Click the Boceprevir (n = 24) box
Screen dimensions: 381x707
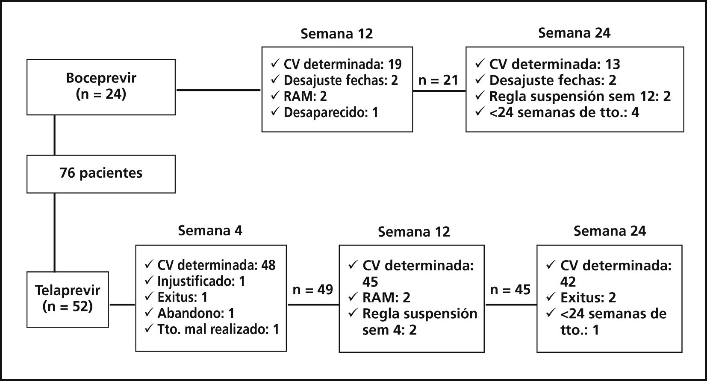(x=101, y=87)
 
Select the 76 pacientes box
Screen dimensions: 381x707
(x=101, y=173)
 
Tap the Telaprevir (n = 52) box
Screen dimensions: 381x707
(x=68, y=299)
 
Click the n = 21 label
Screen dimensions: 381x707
(x=438, y=80)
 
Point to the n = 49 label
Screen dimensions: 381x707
(x=312, y=290)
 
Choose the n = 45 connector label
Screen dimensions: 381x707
(x=510, y=290)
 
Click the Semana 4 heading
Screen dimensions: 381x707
(x=210, y=231)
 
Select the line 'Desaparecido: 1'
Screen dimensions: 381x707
(x=331, y=113)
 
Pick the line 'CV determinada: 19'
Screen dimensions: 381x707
(x=342, y=64)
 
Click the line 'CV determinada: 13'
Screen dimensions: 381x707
(x=554, y=64)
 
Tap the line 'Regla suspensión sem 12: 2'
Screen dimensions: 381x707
(x=580, y=97)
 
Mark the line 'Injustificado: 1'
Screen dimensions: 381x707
(x=201, y=281)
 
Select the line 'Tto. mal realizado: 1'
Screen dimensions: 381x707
(x=218, y=329)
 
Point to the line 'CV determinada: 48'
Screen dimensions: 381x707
(x=216, y=265)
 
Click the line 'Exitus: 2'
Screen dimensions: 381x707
(x=588, y=298)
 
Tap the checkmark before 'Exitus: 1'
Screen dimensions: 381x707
(x=149, y=297)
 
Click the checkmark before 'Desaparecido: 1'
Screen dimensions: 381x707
(x=275, y=112)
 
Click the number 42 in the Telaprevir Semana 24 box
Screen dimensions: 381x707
(x=568, y=282)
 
